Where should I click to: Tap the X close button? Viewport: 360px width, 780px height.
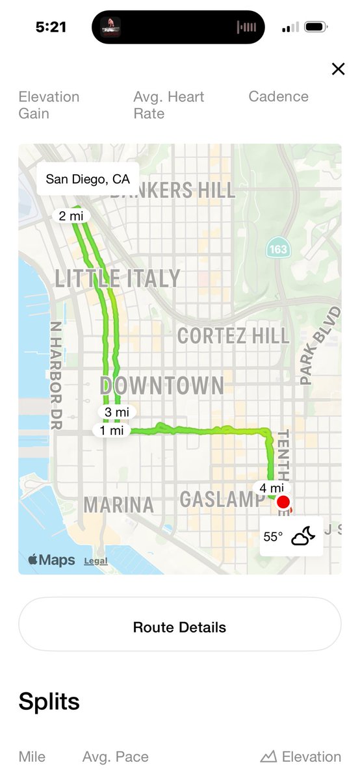tap(338, 69)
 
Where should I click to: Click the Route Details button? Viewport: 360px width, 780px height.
tap(179, 627)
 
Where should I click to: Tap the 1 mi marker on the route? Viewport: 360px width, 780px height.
tap(112, 430)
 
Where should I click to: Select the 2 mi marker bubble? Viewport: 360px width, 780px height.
tap(71, 216)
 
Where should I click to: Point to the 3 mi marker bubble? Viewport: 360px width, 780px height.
tap(117, 412)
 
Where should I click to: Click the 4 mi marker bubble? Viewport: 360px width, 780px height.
tap(272, 488)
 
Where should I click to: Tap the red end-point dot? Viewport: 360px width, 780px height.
tap(283, 502)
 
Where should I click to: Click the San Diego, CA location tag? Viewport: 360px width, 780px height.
tap(88, 179)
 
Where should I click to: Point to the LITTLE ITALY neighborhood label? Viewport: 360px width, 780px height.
tap(117, 278)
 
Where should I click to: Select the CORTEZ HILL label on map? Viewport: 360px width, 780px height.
tap(233, 335)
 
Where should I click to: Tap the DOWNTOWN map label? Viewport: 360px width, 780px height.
tap(162, 385)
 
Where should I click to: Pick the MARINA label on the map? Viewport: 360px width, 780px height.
tap(119, 505)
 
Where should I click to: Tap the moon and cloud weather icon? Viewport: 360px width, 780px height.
tap(303, 536)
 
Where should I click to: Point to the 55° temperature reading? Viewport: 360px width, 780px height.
tap(273, 537)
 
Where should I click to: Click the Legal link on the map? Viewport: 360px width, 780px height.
tap(96, 561)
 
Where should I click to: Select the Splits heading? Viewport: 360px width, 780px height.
tap(49, 702)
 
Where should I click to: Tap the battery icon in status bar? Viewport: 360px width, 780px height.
tap(316, 27)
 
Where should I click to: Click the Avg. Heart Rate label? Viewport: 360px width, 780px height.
tap(169, 105)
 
